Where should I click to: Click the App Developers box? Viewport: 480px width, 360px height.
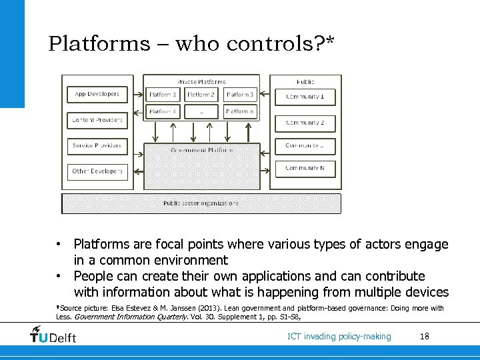tap(97, 95)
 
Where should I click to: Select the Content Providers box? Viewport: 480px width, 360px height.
tap(97, 120)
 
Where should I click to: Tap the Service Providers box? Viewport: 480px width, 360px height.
tap(97, 145)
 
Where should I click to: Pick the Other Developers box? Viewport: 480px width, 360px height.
tap(97, 171)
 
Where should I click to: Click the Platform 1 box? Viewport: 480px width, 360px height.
tap(163, 95)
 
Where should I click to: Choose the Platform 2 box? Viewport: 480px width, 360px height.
tap(201, 95)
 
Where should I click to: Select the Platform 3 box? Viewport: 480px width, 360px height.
tap(239, 95)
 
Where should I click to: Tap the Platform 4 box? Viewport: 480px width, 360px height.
tap(163, 112)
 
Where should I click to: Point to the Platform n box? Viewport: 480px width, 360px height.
tap(239, 112)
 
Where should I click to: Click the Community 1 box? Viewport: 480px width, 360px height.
tap(305, 97)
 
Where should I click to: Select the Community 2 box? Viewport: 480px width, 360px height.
tap(305, 123)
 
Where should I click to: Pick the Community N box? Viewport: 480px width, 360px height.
tap(305, 168)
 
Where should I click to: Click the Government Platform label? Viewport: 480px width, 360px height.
tap(201, 151)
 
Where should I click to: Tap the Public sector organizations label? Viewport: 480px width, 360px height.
tap(201, 203)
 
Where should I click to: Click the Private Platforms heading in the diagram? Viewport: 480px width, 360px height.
tap(201, 81)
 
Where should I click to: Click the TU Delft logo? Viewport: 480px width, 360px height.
tap(53, 335)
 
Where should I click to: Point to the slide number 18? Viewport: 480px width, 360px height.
tap(425, 336)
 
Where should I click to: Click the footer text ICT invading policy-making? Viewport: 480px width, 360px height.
tap(339, 336)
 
